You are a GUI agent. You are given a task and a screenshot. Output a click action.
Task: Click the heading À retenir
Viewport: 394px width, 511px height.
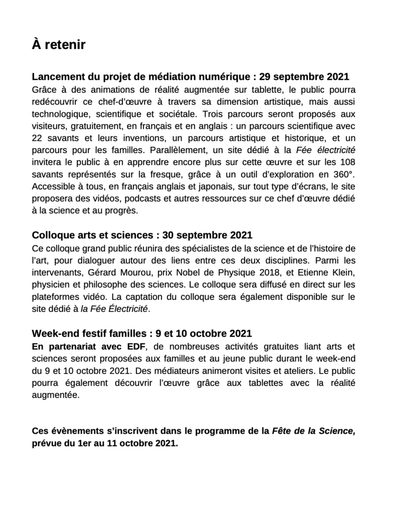click(58, 45)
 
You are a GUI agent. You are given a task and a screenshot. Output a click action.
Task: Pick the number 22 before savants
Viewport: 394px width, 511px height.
click(37, 138)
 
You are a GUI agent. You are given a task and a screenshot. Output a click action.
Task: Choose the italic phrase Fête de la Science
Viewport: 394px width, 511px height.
click(314, 431)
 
